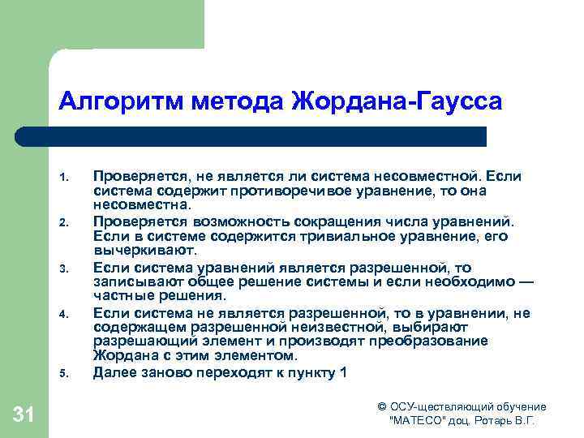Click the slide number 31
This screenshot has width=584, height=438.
point(24,416)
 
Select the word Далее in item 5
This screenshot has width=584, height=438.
point(114,372)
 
